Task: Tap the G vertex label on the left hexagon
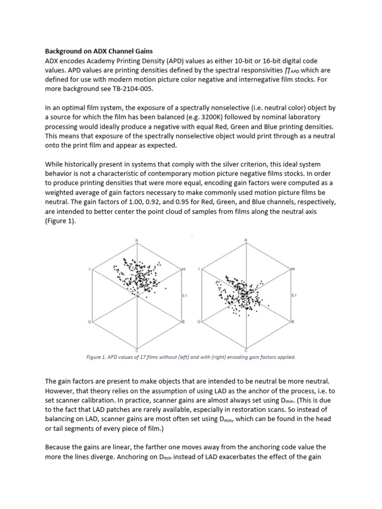90,322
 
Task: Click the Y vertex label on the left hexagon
90,269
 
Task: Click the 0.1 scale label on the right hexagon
293,296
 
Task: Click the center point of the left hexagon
137,295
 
